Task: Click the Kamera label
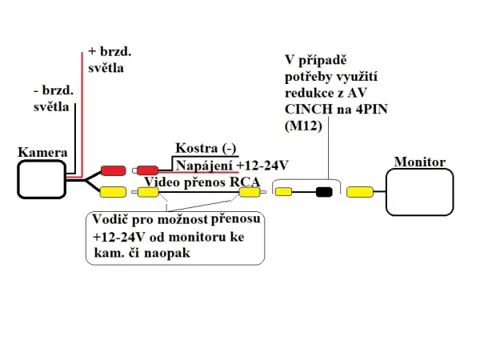[x=42, y=151]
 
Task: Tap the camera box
[x=42, y=179]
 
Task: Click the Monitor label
[x=419, y=162]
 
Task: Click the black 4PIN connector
[x=324, y=192]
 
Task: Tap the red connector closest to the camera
[x=113, y=170]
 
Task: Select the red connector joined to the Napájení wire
[x=147, y=170]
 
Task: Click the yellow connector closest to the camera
[x=113, y=192]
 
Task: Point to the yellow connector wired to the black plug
[x=284, y=192]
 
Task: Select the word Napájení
[x=204, y=165]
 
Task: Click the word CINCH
[x=308, y=110]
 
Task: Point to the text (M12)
[x=302, y=125]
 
